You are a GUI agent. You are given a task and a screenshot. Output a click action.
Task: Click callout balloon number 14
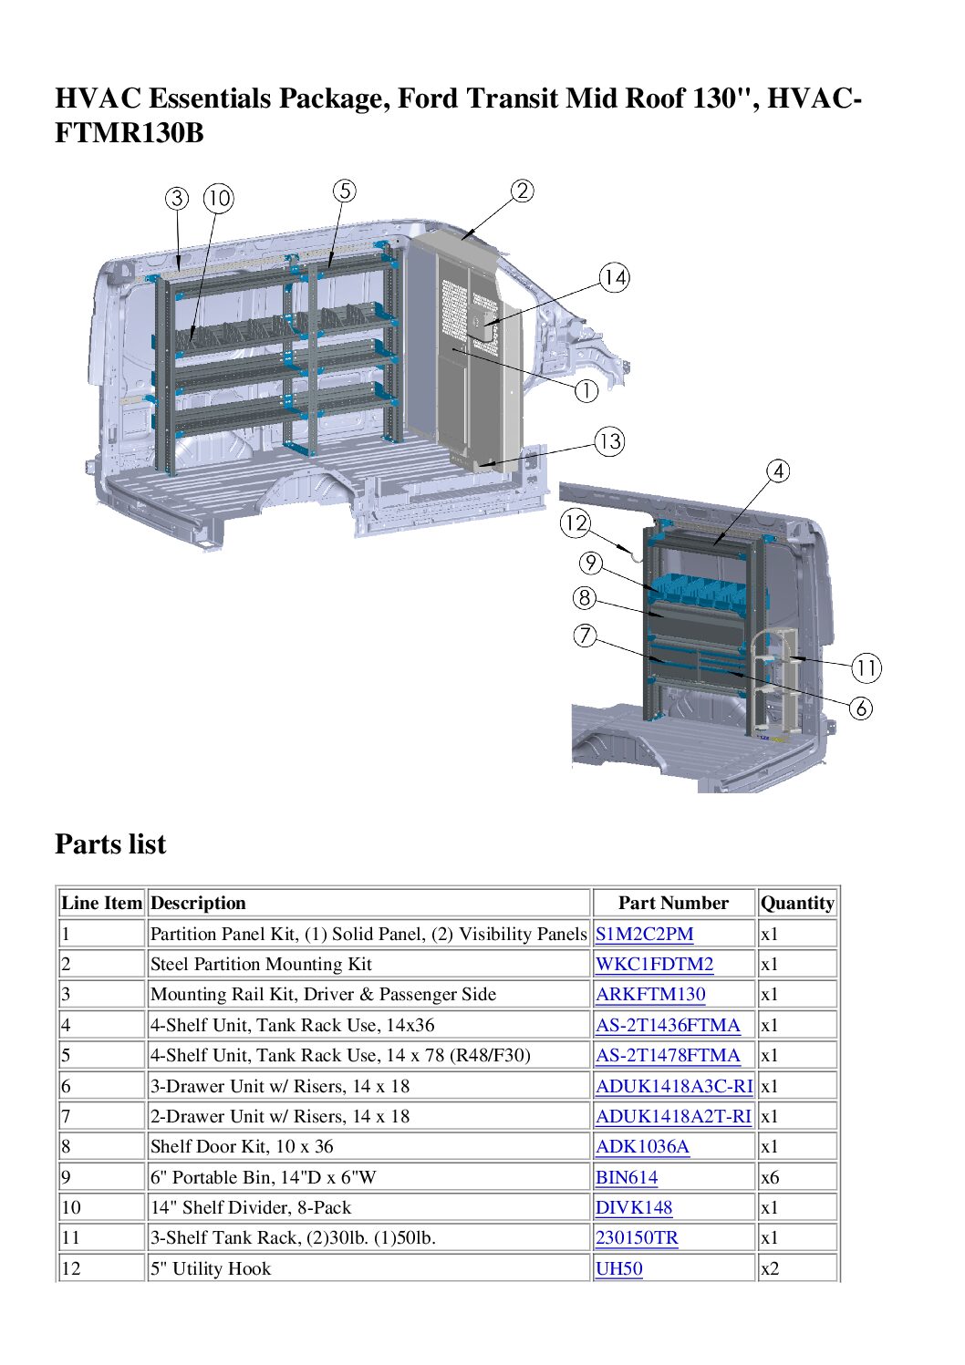(x=614, y=277)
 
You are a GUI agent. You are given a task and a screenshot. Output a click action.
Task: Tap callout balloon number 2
(x=522, y=191)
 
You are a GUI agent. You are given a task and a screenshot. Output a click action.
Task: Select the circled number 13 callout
(x=609, y=442)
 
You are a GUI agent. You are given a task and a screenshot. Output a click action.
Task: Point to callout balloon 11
(x=866, y=668)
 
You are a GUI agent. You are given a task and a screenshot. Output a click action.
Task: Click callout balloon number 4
(x=777, y=471)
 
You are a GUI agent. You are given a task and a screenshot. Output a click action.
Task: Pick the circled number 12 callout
(x=575, y=522)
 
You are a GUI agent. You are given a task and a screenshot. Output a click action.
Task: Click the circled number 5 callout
(x=344, y=191)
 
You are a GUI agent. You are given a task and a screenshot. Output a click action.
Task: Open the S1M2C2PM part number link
(x=644, y=934)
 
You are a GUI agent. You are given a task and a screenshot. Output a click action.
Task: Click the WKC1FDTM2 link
(x=654, y=964)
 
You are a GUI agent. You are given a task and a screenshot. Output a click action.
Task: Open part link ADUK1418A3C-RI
(x=674, y=1086)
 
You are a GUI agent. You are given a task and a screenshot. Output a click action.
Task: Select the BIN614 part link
(x=627, y=1177)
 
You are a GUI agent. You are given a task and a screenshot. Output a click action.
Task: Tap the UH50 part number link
(x=618, y=1268)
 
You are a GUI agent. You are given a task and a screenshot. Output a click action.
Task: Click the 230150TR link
(x=637, y=1237)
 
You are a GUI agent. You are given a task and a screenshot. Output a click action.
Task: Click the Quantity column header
(x=797, y=903)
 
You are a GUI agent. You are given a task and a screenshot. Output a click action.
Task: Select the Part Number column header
(x=673, y=903)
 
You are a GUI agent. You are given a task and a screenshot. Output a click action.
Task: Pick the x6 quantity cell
(x=770, y=1177)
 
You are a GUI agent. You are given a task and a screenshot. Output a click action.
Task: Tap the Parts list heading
(x=110, y=843)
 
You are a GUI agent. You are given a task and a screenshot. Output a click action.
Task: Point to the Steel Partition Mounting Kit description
(x=261, y=964)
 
